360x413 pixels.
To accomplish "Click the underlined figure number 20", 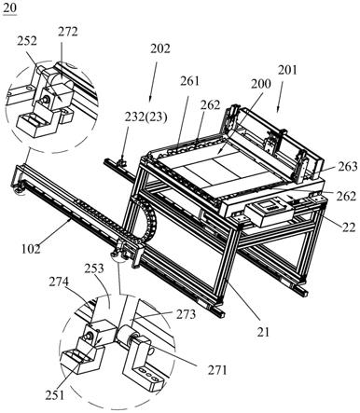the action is pyautogui.click(x=9, y=7).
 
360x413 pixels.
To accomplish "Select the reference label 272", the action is pyautogui.click(x=67, y=32).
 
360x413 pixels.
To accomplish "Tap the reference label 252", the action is pyautogui.click(x=27, y=41).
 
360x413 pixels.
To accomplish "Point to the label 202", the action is pyautogui.click(x=160, y=48).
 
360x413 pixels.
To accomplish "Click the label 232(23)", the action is pyautogui.click(x=145, y=117).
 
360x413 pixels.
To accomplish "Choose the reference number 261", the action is pyautogui.click(x=189, y=81).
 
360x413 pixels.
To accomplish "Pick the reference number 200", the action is pyautogui.click(x=261, y=84).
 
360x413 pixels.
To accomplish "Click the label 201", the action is pyautogui.click(x=287, y=70).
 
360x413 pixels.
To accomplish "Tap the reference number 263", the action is pyautogui.click(x=348, y=167).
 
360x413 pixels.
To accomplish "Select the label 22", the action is pyautogui.click(x=349, y=227).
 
